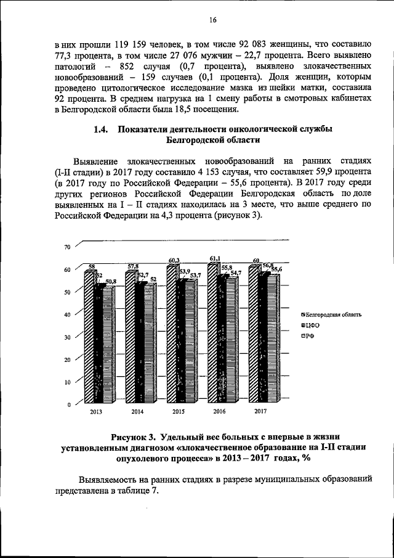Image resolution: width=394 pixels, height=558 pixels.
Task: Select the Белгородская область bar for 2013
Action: (x=89, y=339)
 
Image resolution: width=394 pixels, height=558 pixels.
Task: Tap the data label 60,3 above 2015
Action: (x=174, y=261)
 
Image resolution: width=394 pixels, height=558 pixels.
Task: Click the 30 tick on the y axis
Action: (x=68, y=337)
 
